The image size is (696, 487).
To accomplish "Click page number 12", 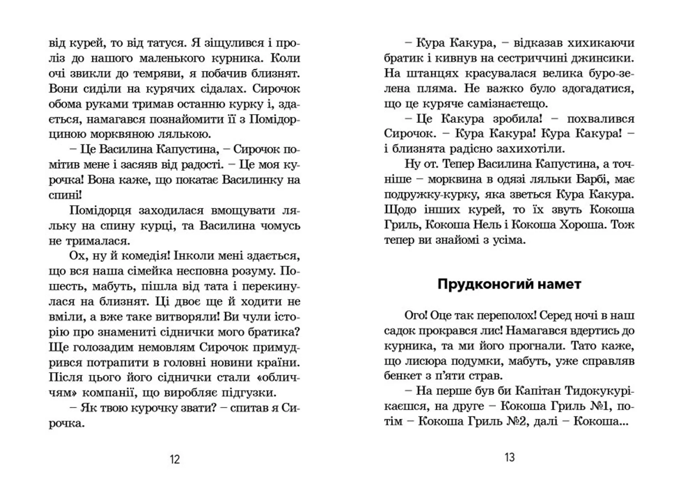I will click(175, 459).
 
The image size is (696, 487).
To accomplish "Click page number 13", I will click(509, 457).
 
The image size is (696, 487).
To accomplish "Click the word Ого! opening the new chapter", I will click(416, 315).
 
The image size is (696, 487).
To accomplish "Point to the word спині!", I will click(65, 195).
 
